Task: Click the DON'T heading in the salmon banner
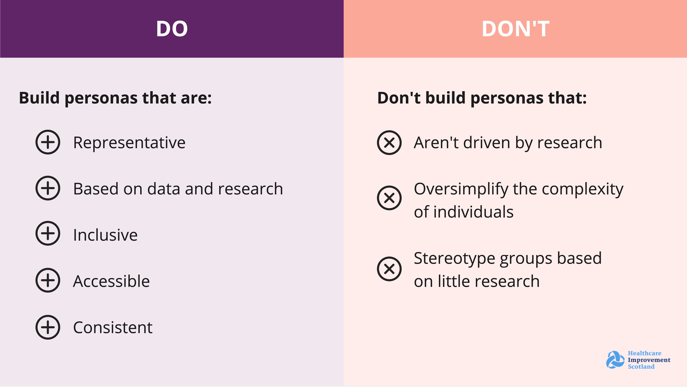515,29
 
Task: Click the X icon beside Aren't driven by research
389,143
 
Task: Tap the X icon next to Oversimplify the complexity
389,198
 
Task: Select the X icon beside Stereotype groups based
389,269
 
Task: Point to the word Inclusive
105,235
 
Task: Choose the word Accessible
111,281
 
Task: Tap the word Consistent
113,328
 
